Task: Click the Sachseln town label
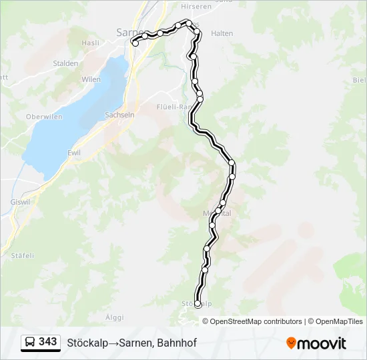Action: [119, 115]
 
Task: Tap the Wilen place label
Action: [91, 79]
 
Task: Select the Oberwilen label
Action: [43, 117]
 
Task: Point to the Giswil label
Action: [21, 201]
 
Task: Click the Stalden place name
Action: [65, 64]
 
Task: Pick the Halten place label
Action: [222, 33]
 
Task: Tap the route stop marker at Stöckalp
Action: [198, 304]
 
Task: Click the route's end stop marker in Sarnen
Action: [135, 43]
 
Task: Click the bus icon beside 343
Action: [30, 343]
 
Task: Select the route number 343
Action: [47, 342]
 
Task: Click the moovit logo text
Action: [322, 343]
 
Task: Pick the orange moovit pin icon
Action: [291, 343]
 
